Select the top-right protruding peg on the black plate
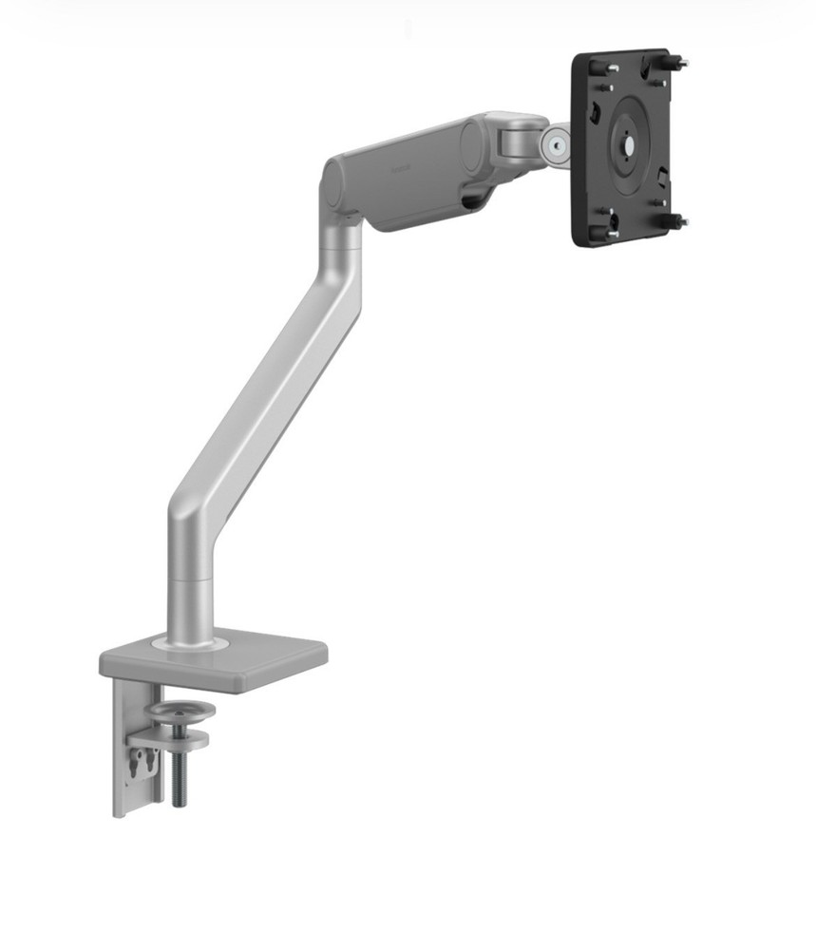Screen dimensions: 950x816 pyautogui.click(x=680, y=64)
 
